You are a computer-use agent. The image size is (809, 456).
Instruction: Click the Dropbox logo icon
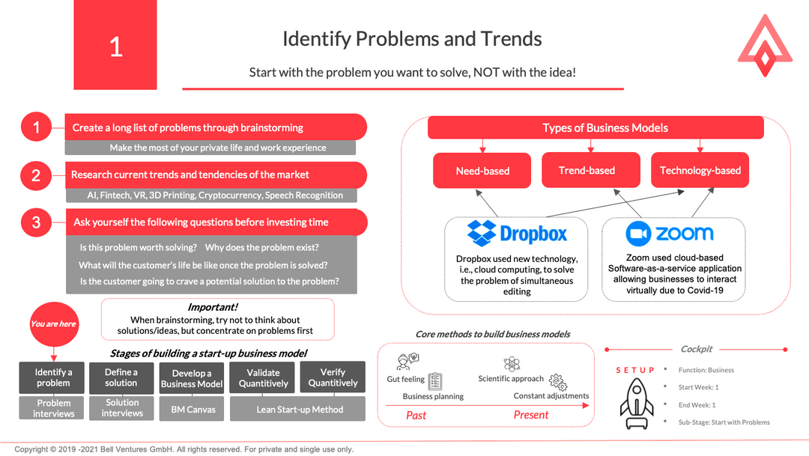[x=481, y=233]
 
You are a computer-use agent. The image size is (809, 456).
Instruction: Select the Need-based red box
[x=482, y=171]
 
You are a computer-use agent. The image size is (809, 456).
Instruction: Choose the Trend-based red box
[x=587, y=170]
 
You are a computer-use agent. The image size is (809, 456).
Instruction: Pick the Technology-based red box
[x=700, y=170]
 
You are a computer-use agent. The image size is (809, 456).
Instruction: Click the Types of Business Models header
[x=605, y=128]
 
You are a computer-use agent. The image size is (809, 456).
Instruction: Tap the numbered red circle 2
[x=36, y=175]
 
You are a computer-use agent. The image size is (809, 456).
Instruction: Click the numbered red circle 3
[x=36, y=222]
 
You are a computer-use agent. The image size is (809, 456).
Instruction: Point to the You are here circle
[x=53, y=324]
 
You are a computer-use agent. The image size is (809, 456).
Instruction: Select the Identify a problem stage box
[x=54, y=377]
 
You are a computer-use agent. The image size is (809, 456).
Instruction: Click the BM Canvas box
[x=193, y=409]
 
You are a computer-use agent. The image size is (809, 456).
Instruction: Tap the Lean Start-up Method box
[x=300, y=409]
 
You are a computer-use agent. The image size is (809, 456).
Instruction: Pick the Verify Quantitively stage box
[x=333, y=377]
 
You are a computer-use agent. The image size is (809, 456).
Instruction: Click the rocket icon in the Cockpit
[x=636, y=407]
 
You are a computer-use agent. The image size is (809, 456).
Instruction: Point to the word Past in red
[x=416, y=415]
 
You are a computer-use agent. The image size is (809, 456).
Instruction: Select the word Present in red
[x=531, y=415]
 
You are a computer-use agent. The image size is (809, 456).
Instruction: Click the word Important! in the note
[x=212, y=307]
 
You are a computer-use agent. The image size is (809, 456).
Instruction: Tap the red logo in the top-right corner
[x=764, y=46]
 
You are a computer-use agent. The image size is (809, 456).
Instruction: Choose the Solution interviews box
[x=122, y=408]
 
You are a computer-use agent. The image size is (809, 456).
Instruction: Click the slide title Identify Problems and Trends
[x=412, y=38]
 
